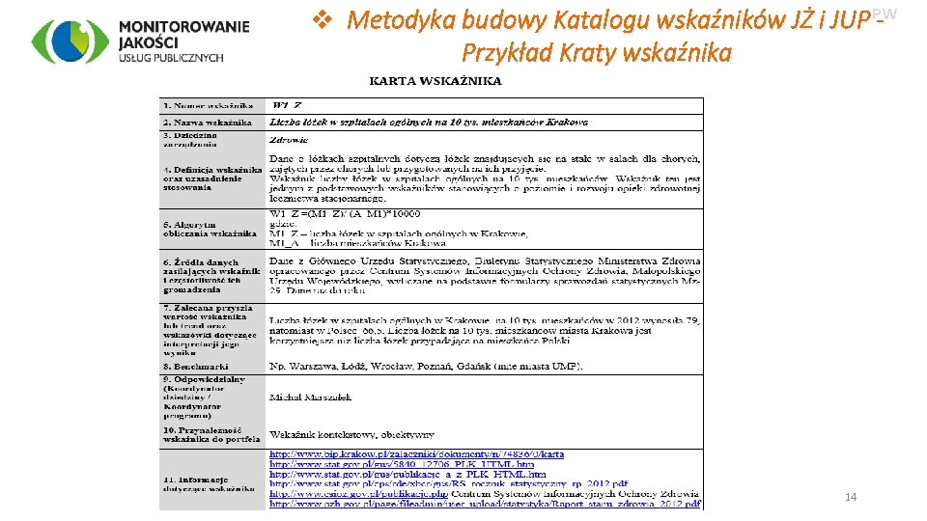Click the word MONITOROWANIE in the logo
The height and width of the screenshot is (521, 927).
click(184, 26)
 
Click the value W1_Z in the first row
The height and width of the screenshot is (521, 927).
click(289, 104)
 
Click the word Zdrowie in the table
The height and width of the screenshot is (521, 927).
click(288, 140)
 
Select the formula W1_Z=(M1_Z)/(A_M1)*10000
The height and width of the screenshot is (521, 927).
click(345, 213)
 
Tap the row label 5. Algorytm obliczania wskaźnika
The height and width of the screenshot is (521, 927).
click(210, 229)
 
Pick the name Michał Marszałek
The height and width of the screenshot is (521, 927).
click(310, 398)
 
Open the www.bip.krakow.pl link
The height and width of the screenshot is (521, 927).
click(416, 453)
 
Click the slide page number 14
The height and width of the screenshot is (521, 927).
click(851, 497)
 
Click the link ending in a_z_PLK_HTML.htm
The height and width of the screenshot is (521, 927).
click(407, 474)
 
